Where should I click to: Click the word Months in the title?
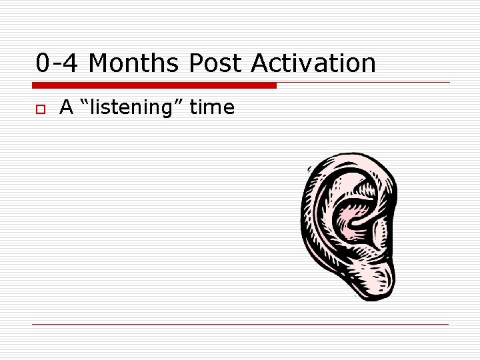pos(133,64)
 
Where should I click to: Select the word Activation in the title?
pos(313,64)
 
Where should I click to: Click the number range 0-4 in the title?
pos(58,64)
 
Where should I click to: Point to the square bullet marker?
pos(40,108)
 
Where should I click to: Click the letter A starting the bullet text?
pos(66,107)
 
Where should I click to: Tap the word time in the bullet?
pos(212,107)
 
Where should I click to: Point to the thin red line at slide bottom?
pos(240,325)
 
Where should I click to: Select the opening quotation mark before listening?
pos(83,103)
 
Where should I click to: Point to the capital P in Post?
pos(196,64)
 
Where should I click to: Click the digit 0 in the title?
pos(43,64)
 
